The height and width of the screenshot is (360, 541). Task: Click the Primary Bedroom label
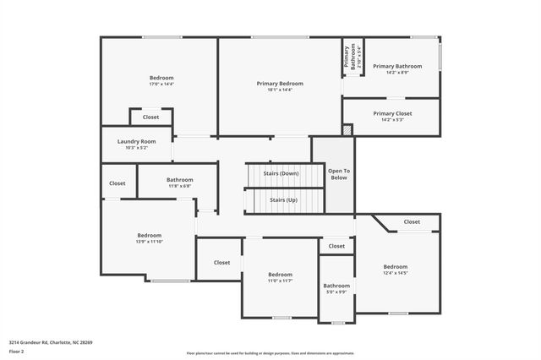(280, 83)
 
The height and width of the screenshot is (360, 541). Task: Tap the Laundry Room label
(136, 141)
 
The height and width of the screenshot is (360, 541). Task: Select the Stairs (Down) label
(283, 173)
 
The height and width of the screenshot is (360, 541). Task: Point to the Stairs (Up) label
(283, 200)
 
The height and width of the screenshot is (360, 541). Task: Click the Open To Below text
(340, 174)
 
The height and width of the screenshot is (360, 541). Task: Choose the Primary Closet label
(392, 112)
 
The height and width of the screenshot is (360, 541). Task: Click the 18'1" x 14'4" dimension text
(280, 90)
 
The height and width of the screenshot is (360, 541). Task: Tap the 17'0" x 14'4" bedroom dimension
(161, 84)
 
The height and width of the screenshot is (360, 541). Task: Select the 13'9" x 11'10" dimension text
(150, 242)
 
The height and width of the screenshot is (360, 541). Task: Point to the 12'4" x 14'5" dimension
(396, 273)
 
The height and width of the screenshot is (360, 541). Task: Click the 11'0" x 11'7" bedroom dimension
(280, 281)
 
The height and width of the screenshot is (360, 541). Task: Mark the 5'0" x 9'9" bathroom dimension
(336, 292)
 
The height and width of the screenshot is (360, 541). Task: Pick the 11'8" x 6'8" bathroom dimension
(180, 186)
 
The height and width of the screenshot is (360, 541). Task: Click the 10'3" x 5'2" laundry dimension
(136, 148)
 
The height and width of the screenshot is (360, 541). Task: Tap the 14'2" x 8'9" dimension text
(391, 73)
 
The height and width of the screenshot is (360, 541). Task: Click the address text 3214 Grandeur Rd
(51, 342)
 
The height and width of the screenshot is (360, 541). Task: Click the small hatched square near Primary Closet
(347, 130)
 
